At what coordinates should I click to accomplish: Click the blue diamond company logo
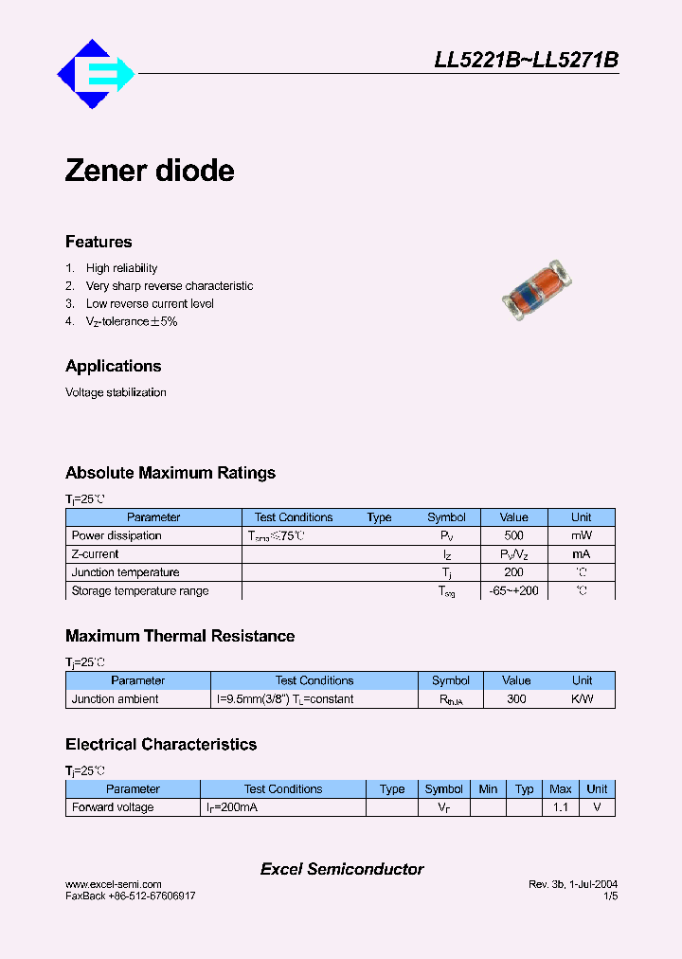coord(96,74)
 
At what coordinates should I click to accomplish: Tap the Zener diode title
coord(150,172)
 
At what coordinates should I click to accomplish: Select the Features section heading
coord(99,242)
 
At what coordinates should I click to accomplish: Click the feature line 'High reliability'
coord(121,268)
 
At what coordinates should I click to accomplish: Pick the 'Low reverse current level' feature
coord(150,304)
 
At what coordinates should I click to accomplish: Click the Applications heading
coord(113,366)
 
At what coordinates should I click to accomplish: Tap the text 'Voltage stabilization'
coord(116,392)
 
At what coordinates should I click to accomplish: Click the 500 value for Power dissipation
coord(514,535)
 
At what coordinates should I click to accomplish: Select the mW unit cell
coord(582,535)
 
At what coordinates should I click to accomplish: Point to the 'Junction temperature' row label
coord(125,572)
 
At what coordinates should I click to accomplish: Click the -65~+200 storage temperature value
coord(514,590)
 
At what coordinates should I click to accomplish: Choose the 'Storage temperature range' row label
coord(140,590)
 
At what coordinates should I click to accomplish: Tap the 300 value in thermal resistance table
coord(516,699)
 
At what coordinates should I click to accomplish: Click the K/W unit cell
coord(582,699)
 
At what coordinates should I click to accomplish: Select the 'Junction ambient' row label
coord(116,699)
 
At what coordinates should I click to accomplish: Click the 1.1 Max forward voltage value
coord(561,807)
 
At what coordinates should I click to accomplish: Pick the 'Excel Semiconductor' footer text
coord(342,869)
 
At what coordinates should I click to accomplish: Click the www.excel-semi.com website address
coord(114,884)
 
